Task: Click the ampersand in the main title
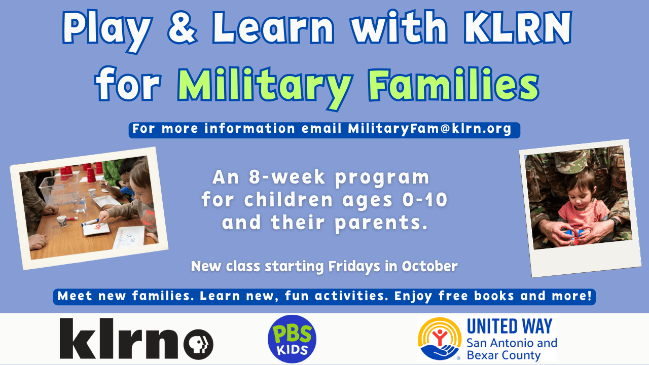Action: click(183, 27)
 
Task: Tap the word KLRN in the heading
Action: click(518, 27)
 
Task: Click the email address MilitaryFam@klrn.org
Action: click(429, 129)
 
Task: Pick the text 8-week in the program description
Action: click(287, 177)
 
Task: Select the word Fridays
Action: click(354, 267)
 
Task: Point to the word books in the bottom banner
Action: click(494, 296)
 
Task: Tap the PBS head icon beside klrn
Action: click(198, 344)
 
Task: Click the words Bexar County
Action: click(503, 355)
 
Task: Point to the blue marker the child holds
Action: click(91, 223)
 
